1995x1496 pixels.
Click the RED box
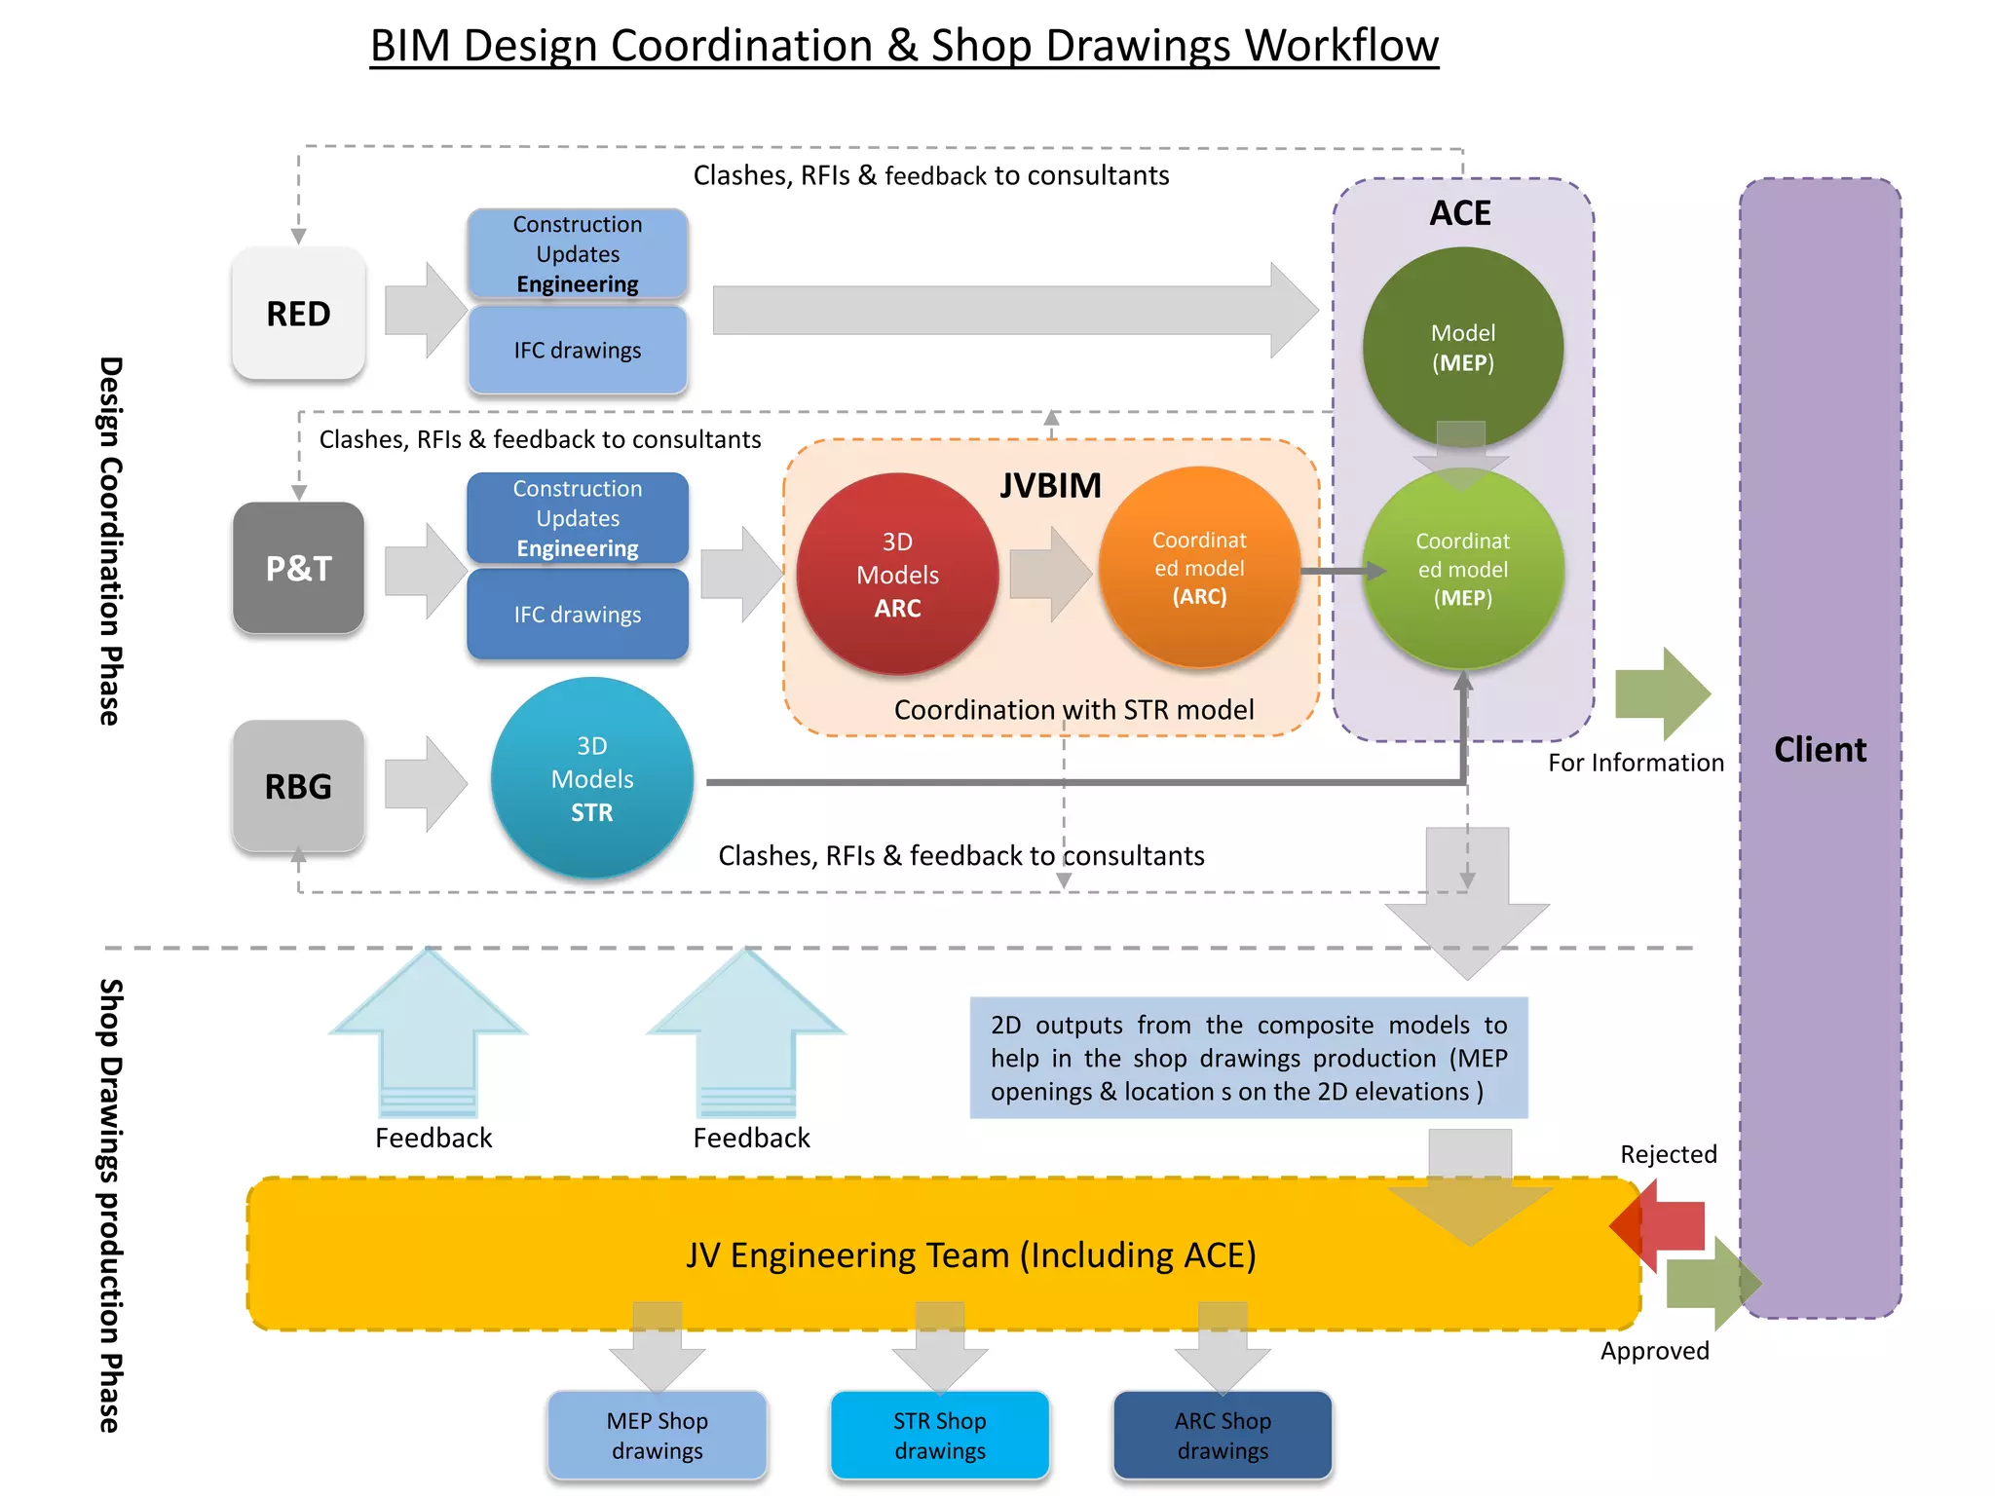(298, 314)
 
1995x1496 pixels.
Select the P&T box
(298, 568)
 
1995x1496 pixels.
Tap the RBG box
(298, 786)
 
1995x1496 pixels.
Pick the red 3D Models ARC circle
(897, 574)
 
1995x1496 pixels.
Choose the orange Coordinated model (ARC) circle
(1199, 568)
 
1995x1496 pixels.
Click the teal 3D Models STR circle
(591, 778)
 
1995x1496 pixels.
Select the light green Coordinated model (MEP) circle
(1462, 570)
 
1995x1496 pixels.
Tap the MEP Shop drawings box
(657, 1435)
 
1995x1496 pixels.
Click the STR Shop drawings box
(939, 1435)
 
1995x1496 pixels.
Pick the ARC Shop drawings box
(1223, 1435)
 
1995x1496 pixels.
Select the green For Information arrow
(1662, 693)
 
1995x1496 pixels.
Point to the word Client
(1820, 749)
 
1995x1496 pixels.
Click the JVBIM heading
(1050, 485)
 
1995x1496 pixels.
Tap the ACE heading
(1460, 213)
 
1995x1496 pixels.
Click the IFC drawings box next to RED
(578, 350)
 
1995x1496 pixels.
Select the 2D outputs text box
(1248, 1058)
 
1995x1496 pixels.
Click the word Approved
(1654, 1351)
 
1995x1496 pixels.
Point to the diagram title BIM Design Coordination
(904, 46)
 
